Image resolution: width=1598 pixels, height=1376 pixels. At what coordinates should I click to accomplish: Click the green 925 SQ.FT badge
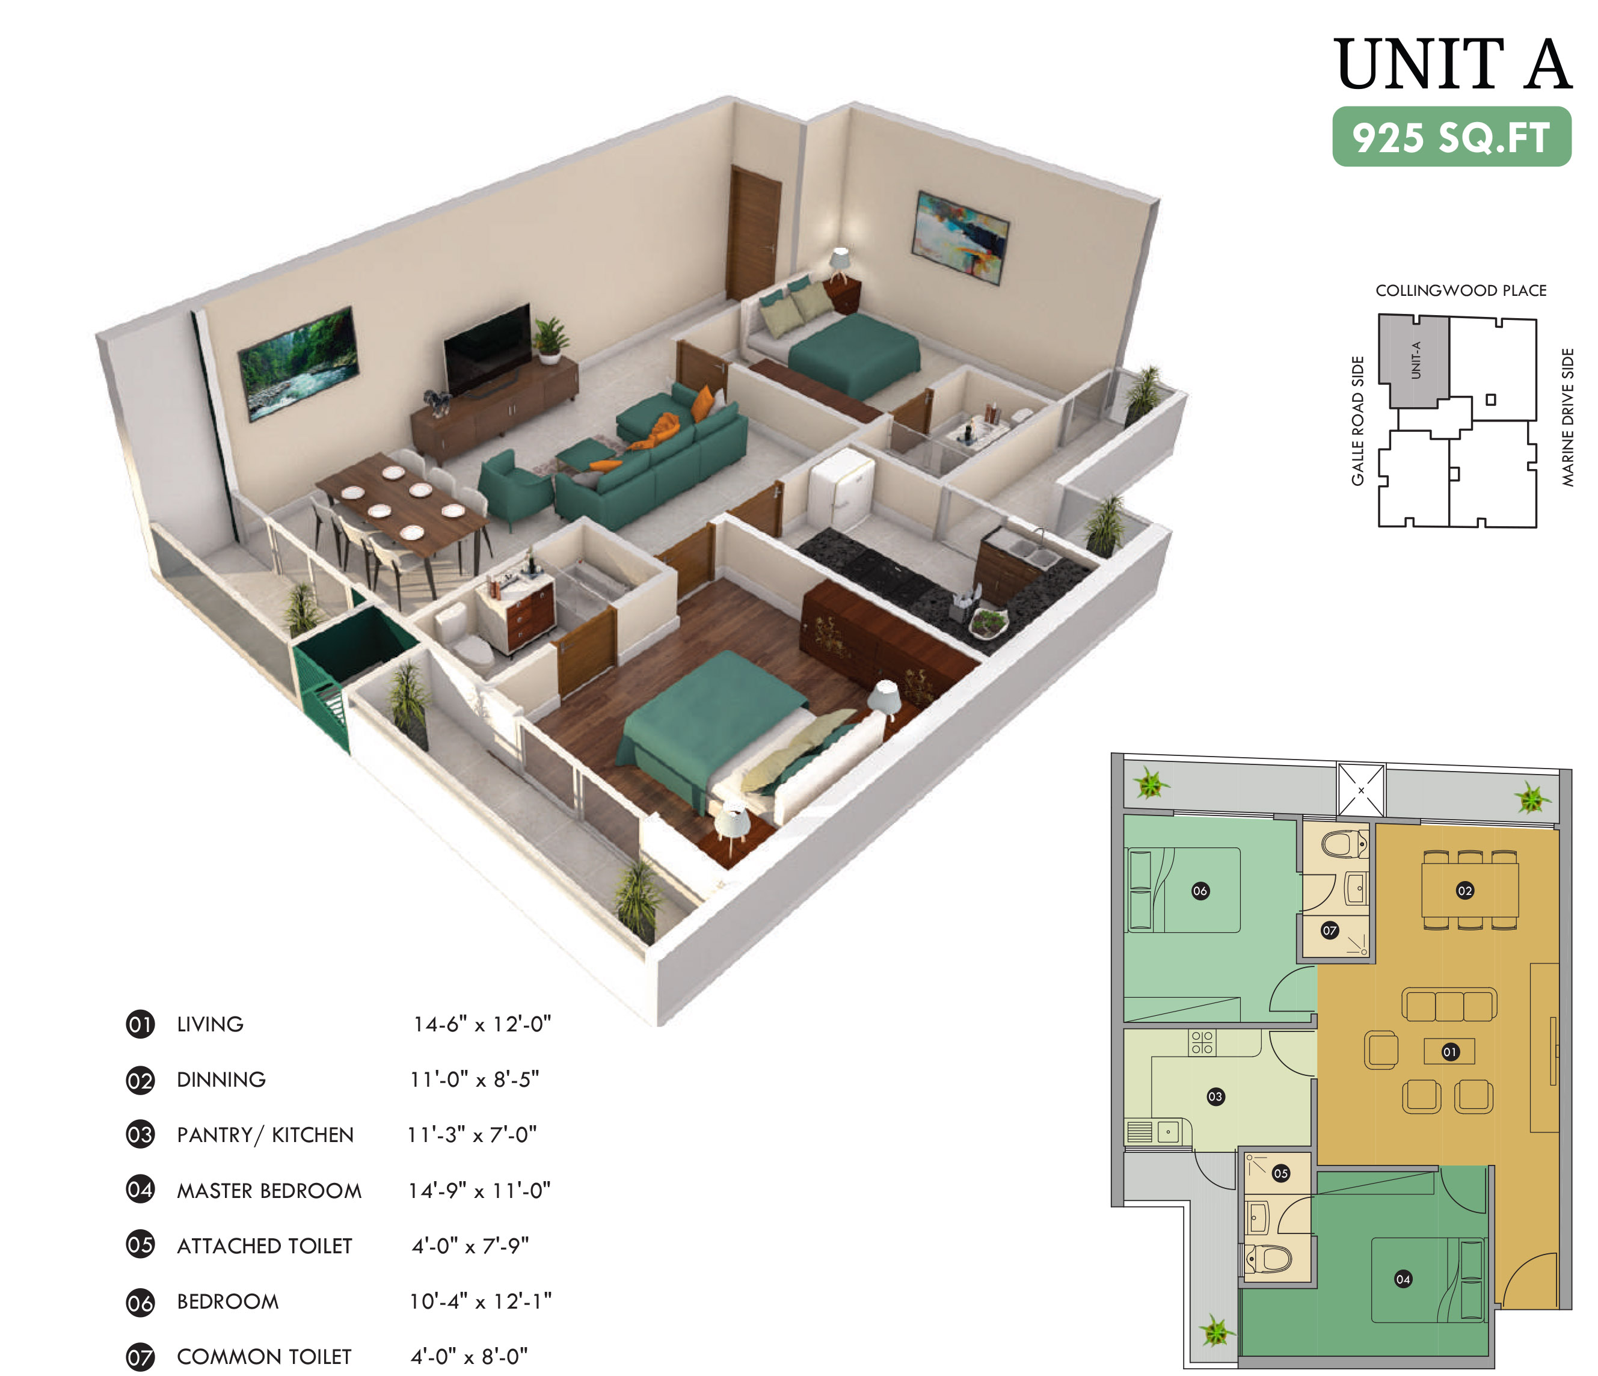(1451, 137)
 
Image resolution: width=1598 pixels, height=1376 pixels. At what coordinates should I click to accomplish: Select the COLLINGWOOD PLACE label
(1461, 291)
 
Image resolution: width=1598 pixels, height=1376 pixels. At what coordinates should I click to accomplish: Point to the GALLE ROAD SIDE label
(1358, 421)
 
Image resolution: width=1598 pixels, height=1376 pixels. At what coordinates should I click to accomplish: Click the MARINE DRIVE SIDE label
(1568, 417)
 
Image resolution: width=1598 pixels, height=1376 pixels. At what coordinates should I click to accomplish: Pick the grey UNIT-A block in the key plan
(1414, 360)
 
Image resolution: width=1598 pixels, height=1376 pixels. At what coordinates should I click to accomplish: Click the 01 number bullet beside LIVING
(140, 1024)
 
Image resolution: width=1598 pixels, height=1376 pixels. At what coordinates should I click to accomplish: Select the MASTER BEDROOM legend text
(269, 1191)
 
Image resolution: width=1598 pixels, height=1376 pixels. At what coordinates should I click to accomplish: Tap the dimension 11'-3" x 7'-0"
(472, 1135)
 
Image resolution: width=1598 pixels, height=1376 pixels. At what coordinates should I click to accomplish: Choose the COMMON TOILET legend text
(264, 1357)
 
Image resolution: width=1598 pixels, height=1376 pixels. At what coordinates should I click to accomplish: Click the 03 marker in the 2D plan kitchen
(1215, 1096)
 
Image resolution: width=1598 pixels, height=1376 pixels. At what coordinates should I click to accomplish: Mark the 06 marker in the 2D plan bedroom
(1200, 891)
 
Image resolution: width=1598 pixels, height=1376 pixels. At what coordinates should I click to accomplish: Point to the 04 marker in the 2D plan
(1403, 1279)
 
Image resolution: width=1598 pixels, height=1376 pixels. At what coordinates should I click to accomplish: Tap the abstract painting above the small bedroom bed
(961, 237)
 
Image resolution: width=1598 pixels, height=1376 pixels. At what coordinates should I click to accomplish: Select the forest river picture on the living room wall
(298, 363)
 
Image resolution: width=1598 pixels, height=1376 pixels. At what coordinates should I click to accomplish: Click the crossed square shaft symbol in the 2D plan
(1361, 790)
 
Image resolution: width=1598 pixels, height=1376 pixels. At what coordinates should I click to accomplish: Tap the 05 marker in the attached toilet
(1281, 1173)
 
